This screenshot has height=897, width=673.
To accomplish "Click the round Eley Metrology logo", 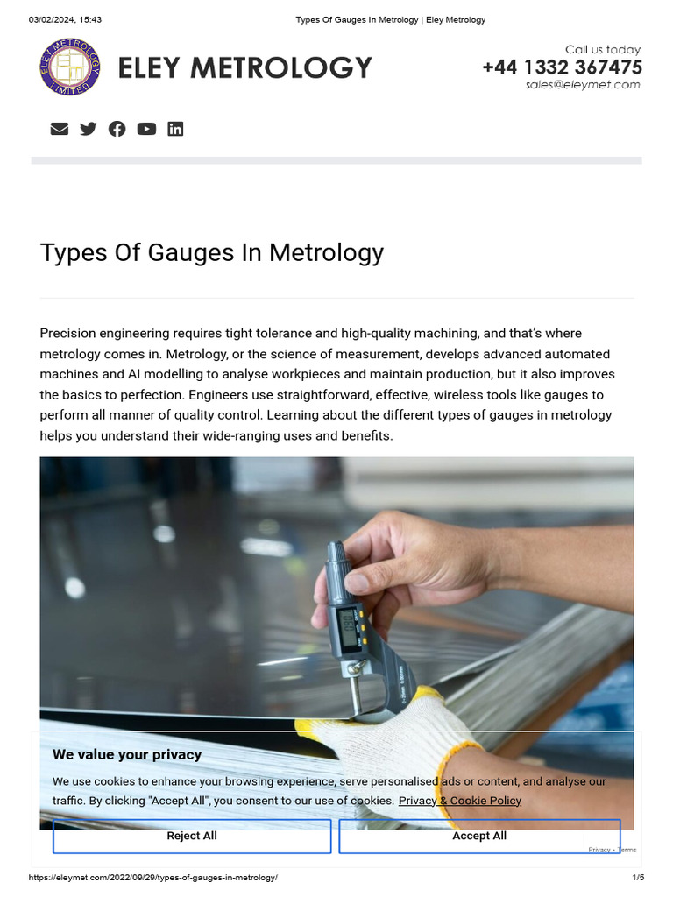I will (70, 67).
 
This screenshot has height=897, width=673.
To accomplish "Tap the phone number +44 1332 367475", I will (562, 67).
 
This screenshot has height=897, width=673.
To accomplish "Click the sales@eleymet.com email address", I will (583, 85).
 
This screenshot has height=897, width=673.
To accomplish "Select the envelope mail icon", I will (60, 129).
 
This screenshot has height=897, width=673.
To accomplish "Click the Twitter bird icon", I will (89, 129).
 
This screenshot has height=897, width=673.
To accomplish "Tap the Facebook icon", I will (117, 129).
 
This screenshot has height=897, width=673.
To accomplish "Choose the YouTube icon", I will (146, 129).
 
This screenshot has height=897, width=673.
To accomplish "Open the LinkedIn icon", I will (175, 129).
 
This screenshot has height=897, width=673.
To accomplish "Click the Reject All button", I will (192, 836).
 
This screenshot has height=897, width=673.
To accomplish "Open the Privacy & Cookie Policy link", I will (460, 800).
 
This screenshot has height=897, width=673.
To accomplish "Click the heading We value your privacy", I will (127, 754).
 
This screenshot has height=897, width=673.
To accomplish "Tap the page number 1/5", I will (638, 878).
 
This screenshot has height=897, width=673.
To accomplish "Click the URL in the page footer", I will (153, 878).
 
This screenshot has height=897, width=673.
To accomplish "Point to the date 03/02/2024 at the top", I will (52, 19).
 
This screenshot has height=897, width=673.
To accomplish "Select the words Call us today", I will (602, 50).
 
